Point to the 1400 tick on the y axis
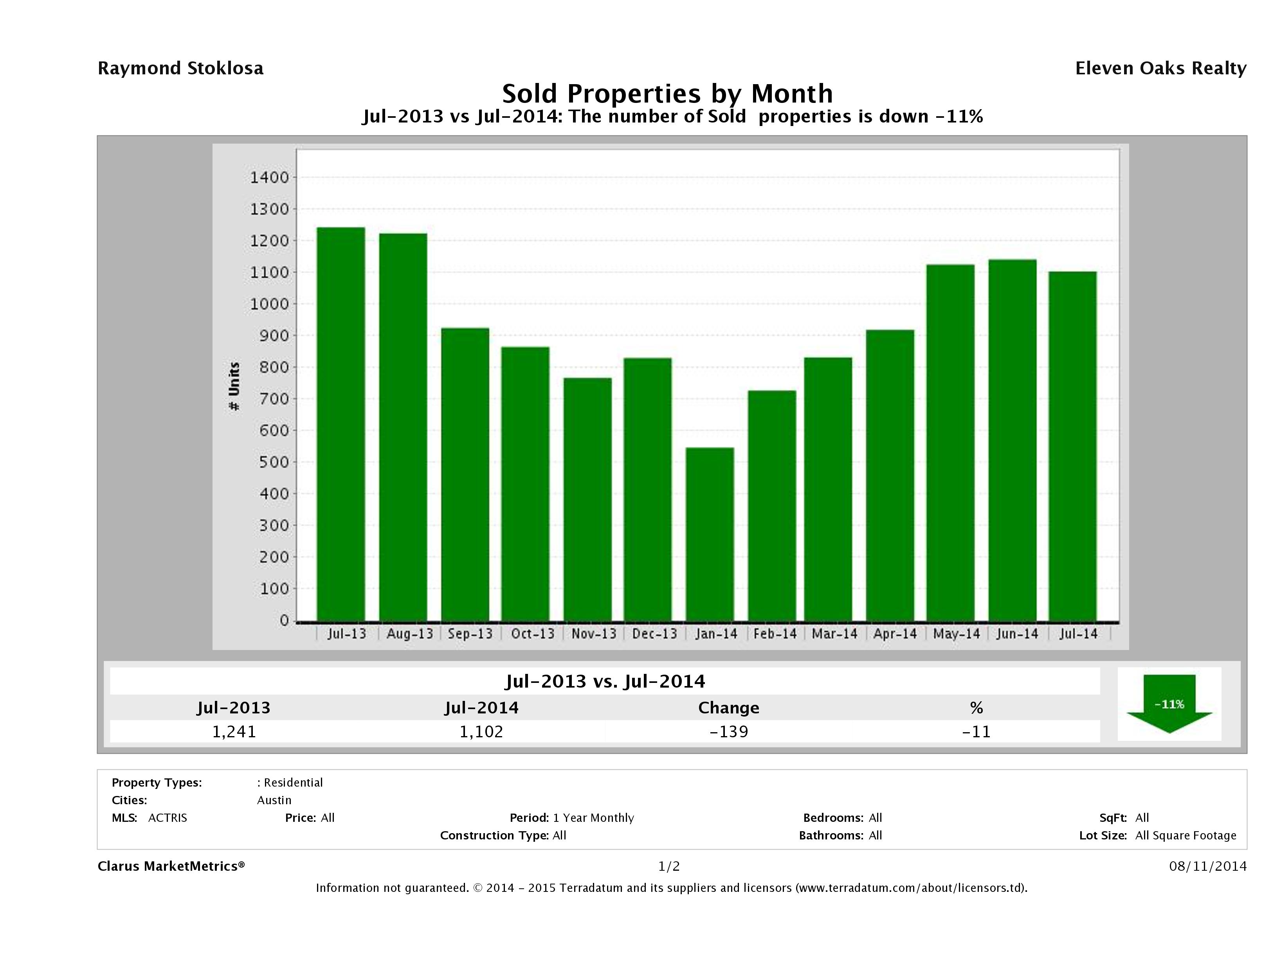(x=270, y=178)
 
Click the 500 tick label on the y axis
(x=274, y=462)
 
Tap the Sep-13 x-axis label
(x=470, y=634)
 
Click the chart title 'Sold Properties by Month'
(x=667, y=93)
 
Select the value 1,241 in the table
(x=234, y=731)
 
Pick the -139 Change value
(x=729, y=731)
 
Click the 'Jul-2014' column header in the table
(x=481, y=708)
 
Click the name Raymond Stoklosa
(x=180, y=68)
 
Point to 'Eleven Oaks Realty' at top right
(x=1160, y=68)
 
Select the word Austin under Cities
(x=274, y=800)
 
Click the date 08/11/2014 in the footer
(x=1207, y=866)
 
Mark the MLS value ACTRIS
(x=167, y=818)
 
